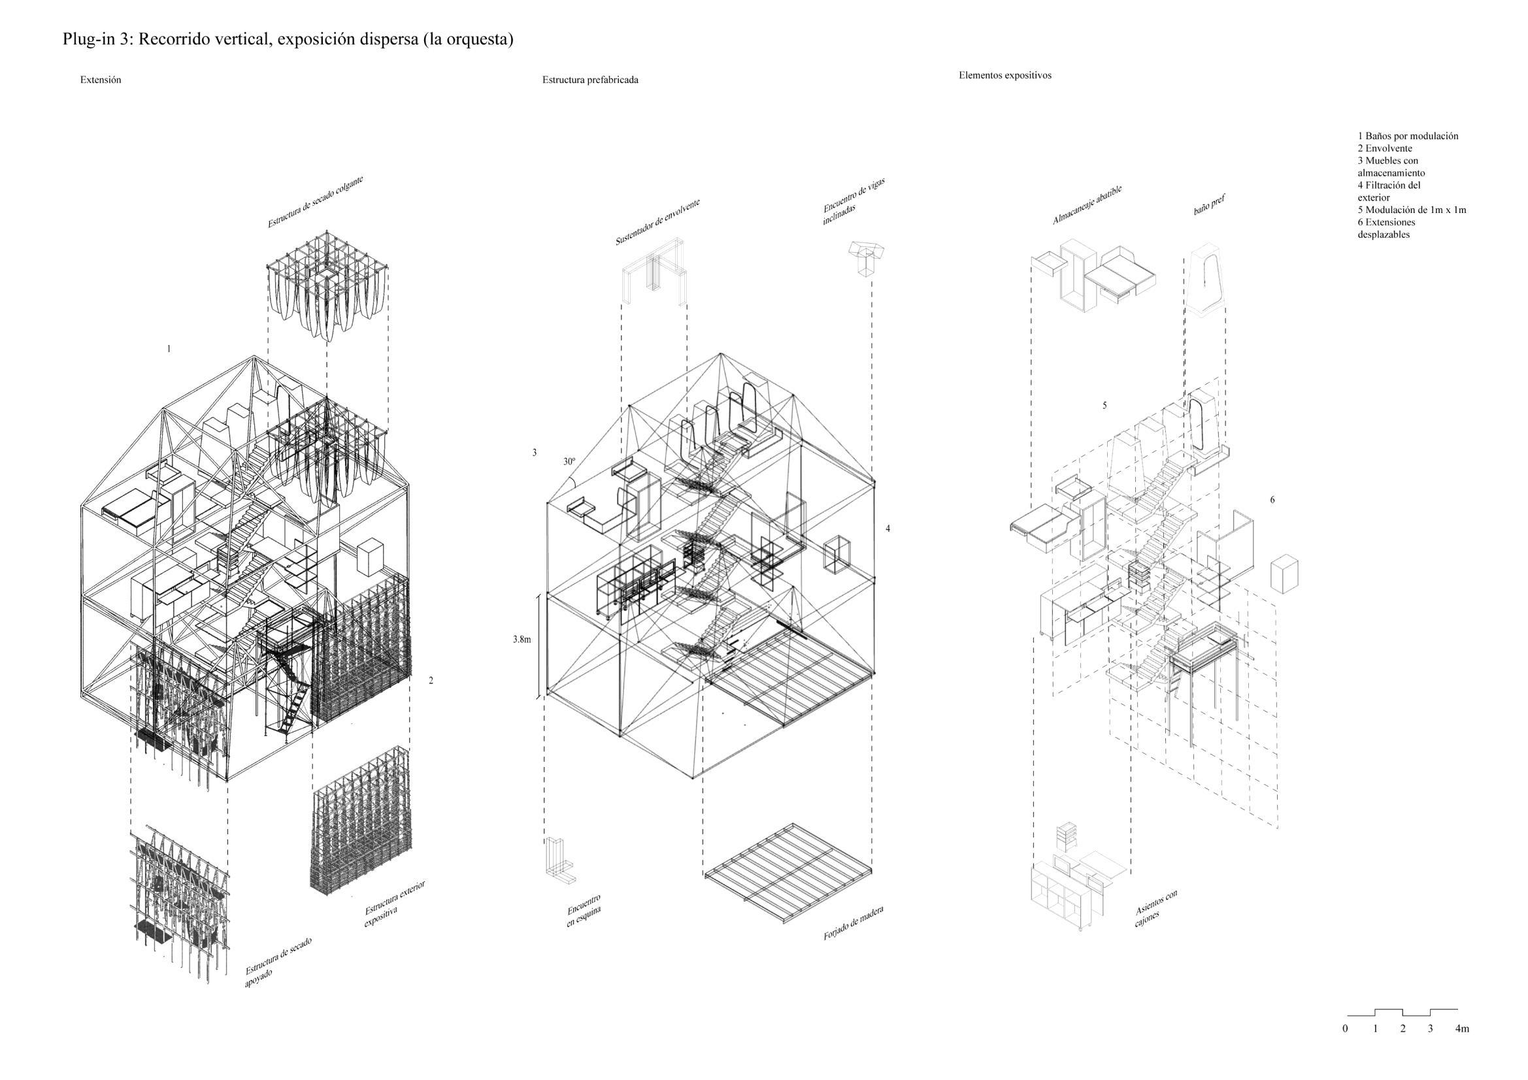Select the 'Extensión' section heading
click(x=101, y=80)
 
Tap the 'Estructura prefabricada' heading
click(x=590, y=80)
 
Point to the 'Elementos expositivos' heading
click(x=1005, y=75)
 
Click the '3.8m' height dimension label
click(x=522, y=640)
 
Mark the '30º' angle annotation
click(x=569, y=461)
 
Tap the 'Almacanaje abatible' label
click(x=1087, y=205)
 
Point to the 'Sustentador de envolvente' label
click(x=657, y=222)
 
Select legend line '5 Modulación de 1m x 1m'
click(x=1412, y=210)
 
